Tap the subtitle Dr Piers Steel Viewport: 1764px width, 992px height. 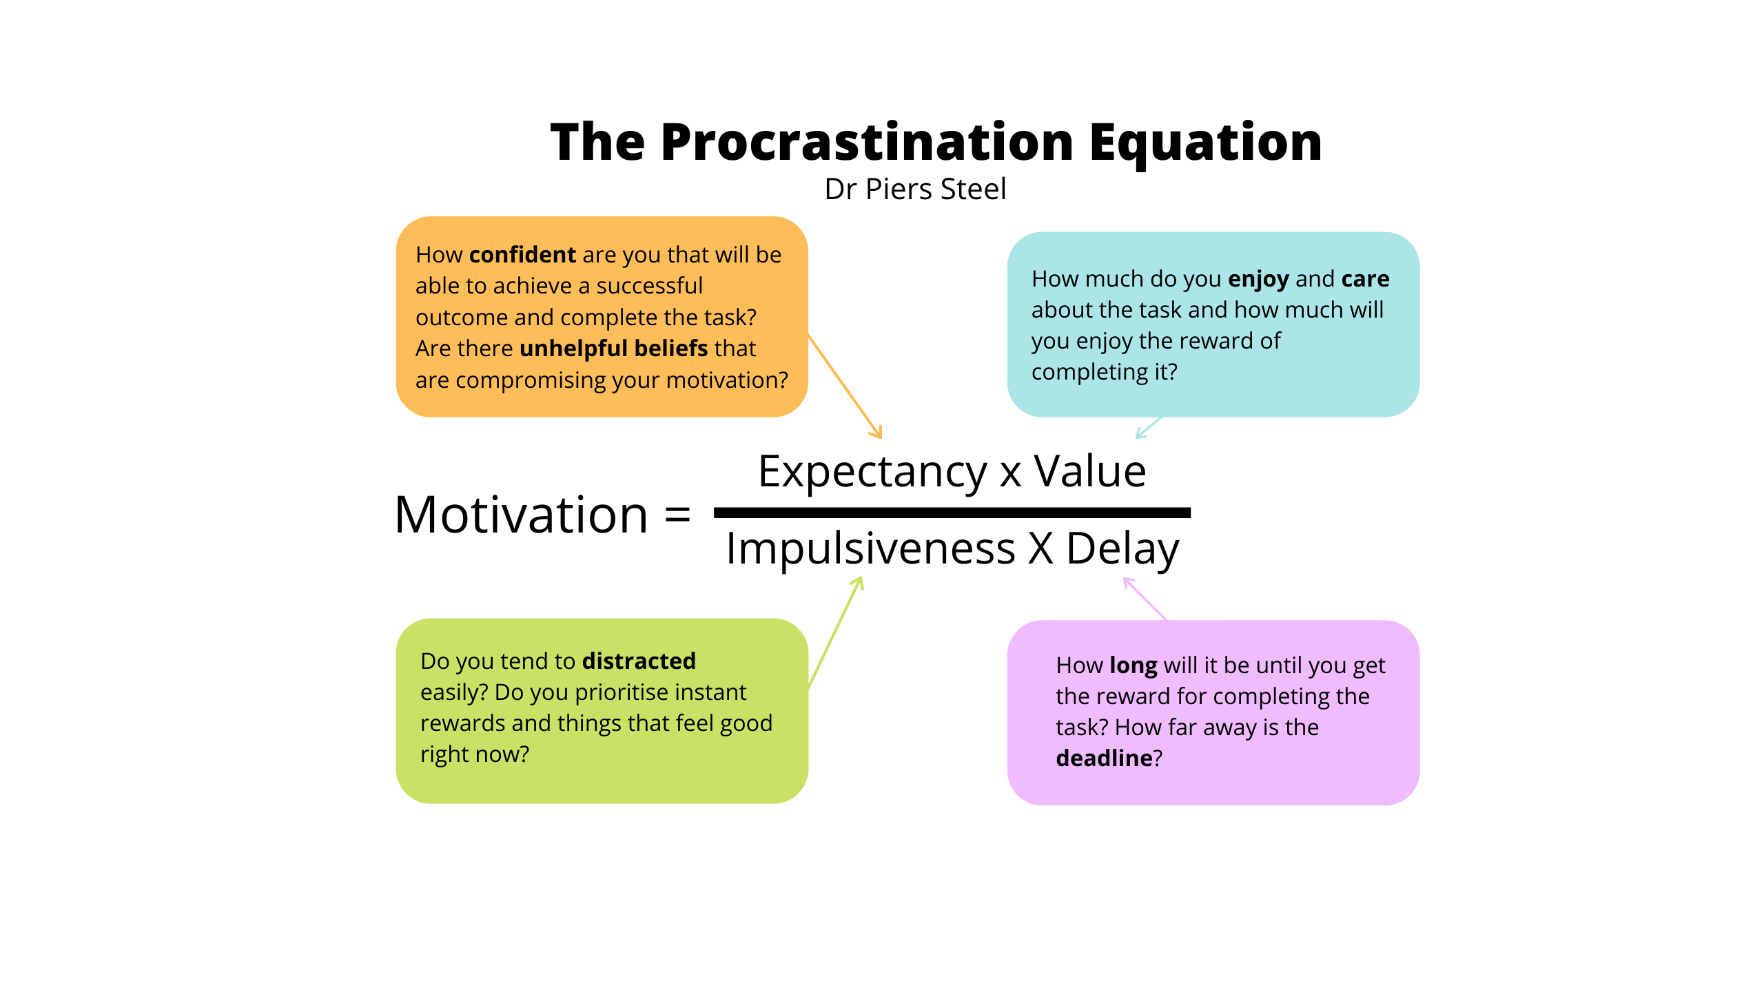pos(915,189)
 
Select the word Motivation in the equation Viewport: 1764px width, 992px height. pos(521,515)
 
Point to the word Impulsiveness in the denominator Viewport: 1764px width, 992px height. pos(871,550)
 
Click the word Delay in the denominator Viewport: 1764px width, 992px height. pos(1122,550)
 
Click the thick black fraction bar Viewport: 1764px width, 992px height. pos(952,513)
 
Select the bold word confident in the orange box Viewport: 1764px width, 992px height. pos(522,254)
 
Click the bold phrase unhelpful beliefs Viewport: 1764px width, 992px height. pos(614,349)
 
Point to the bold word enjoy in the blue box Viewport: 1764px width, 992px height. pos(1258,279)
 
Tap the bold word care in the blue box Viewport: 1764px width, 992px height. pos(1365,279)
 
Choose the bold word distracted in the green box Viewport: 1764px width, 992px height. pos(639,661)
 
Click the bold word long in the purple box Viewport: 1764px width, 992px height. pos(1134,665)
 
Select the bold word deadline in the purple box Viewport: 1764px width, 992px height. pos(1104,758)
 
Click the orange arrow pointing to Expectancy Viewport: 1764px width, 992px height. pos(845,386)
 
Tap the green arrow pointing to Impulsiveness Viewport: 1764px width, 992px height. pos(835,632)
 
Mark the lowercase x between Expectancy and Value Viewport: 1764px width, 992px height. pos(1010,475)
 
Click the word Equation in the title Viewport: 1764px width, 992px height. pos(1206,143)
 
